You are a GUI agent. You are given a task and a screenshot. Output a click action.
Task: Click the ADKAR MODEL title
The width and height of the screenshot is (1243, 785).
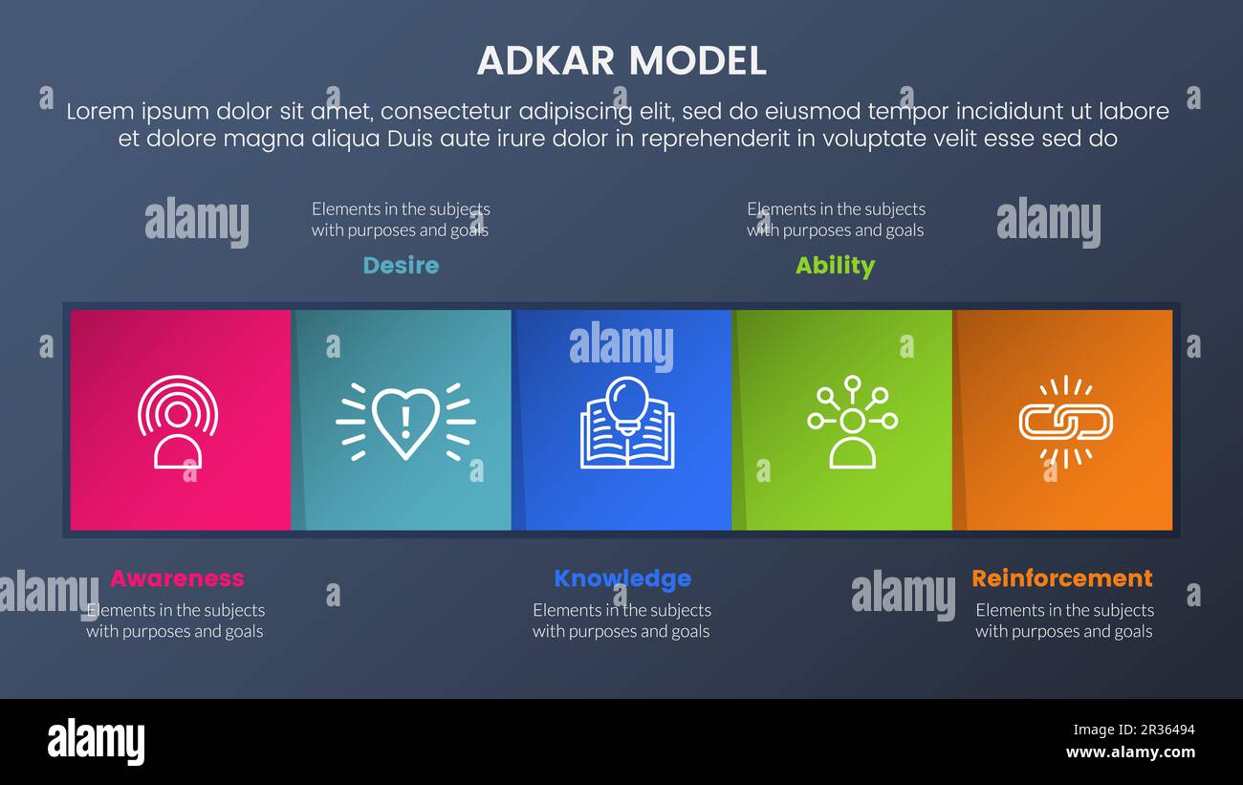coord(621,61)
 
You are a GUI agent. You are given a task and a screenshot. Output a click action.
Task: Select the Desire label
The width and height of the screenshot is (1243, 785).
coord(401,266)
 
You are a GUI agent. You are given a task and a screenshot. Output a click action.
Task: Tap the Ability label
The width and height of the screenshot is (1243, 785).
coord(835,266)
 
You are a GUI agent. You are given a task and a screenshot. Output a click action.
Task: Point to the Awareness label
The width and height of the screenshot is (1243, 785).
coord(177,578)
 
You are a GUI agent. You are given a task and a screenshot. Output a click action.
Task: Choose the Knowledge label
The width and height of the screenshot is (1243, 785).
coord(622,578)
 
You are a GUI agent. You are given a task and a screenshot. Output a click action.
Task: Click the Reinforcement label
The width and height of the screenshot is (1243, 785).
coord(1062,578)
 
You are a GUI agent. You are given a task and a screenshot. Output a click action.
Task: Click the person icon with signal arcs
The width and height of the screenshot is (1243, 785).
coord(178,422)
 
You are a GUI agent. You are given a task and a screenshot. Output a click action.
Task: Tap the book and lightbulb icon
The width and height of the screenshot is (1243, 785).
coord(627,423)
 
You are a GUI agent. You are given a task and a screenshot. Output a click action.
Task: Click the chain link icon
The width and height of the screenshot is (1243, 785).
coord(1065,422)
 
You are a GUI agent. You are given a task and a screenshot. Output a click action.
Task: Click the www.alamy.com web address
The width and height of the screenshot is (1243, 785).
coord(1130,752)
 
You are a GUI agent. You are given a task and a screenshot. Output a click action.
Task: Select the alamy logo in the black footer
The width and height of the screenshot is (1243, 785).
coord(97,742)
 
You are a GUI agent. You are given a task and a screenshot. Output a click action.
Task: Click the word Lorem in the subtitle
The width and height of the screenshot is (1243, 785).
coord(98,112)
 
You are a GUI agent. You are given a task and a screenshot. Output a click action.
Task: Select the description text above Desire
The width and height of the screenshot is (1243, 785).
coord(401,219)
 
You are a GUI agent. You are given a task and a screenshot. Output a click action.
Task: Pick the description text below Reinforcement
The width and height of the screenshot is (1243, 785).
coord(1064,621)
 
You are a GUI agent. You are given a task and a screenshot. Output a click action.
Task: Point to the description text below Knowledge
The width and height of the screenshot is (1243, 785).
coord(621,621)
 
